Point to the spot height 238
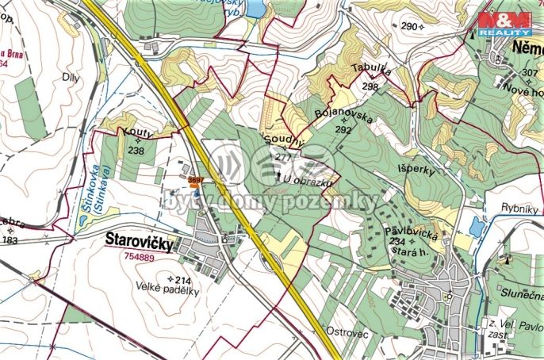tap(136, 151)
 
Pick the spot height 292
tap(343, 129)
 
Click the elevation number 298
tap(370, 86)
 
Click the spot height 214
tap(183, 279)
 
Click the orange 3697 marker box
tap(196, 181)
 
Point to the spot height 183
tap(10, 239)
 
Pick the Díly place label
tap(71, 78)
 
